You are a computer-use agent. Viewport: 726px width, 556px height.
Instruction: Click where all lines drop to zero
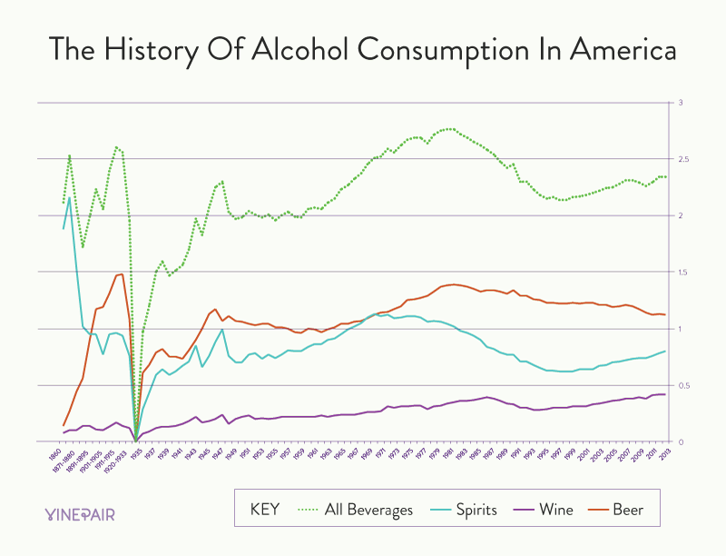click(135, 440)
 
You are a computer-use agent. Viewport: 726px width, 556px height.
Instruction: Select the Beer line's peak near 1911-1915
click(121, 274)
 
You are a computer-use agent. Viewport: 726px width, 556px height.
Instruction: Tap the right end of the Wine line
click(665, 394)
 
